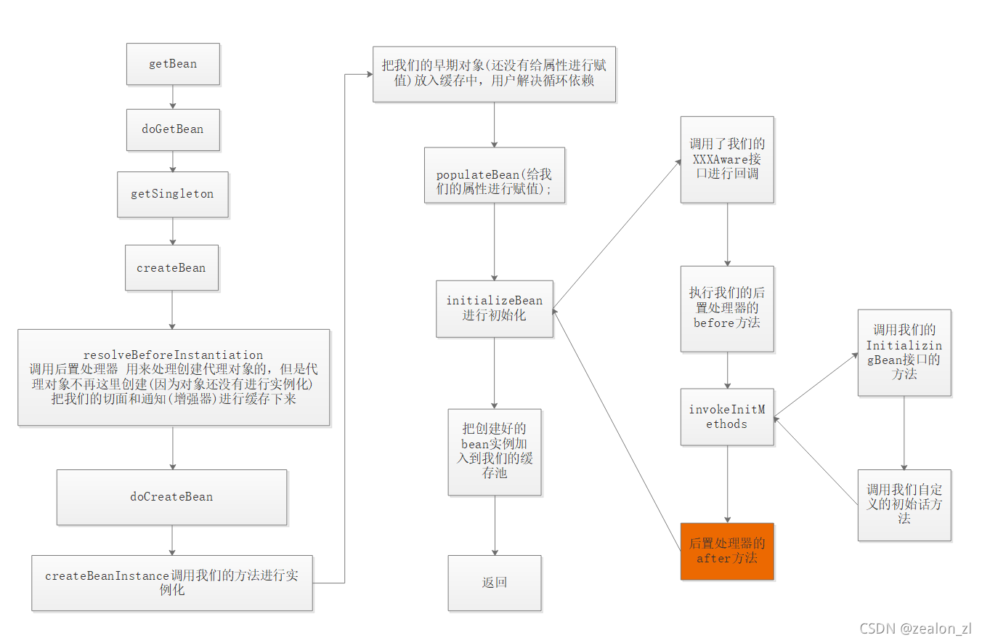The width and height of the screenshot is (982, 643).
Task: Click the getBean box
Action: click(173, 64)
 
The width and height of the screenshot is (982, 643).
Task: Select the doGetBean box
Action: click(173, 129)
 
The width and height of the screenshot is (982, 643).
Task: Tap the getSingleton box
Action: click(173, 194)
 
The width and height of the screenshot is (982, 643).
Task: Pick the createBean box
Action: click(171, 267)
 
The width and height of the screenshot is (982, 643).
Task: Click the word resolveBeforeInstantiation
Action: click(173, 355)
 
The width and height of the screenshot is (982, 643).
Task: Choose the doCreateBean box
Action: click(171, 497)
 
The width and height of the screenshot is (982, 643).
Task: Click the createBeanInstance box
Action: click(172, 583)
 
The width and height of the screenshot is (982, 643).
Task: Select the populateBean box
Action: click(495, 175)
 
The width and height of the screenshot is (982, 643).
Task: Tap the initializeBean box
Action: click(495, 308)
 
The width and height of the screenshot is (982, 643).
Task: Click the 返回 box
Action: click(495, 583)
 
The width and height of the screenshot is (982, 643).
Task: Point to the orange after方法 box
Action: click(727, 551)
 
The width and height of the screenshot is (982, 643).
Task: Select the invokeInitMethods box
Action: click(727, 417)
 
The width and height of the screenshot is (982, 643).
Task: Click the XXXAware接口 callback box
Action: click(727, 159)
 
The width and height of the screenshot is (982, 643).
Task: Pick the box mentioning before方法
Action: click(727, 308)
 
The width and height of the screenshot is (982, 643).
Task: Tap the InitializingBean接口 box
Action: click(904, 352)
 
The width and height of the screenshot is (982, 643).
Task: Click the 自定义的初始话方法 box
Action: click(904, 504)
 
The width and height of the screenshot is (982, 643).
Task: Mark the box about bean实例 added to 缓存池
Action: click(495, 451)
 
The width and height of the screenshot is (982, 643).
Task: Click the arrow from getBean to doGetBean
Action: click(173, 97)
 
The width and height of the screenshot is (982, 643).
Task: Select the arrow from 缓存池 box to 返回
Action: click(495, 525)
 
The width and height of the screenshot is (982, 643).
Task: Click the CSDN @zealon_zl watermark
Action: click(915, 628)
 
